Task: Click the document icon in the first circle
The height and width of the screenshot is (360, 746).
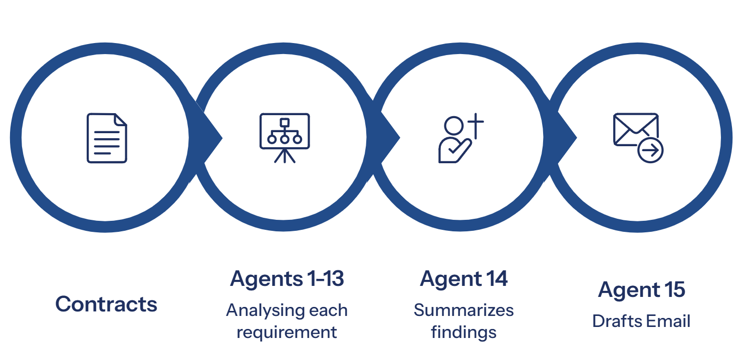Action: point(107,138)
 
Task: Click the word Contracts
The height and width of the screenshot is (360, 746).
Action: point(106,304)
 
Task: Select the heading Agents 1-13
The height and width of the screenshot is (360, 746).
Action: point(287,279)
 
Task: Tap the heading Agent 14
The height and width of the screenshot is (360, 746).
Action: point(463,279)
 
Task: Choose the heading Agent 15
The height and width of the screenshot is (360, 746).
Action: point(641,290)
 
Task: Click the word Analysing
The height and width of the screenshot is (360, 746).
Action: point(265,311)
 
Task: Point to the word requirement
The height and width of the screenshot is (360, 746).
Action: point(287,332)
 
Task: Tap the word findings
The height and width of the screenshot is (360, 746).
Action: point(463,332)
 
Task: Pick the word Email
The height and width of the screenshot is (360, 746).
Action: point(667,321)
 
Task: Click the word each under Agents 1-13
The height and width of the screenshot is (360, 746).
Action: point(328,310)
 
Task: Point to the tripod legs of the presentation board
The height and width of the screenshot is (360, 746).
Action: point(285,157)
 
